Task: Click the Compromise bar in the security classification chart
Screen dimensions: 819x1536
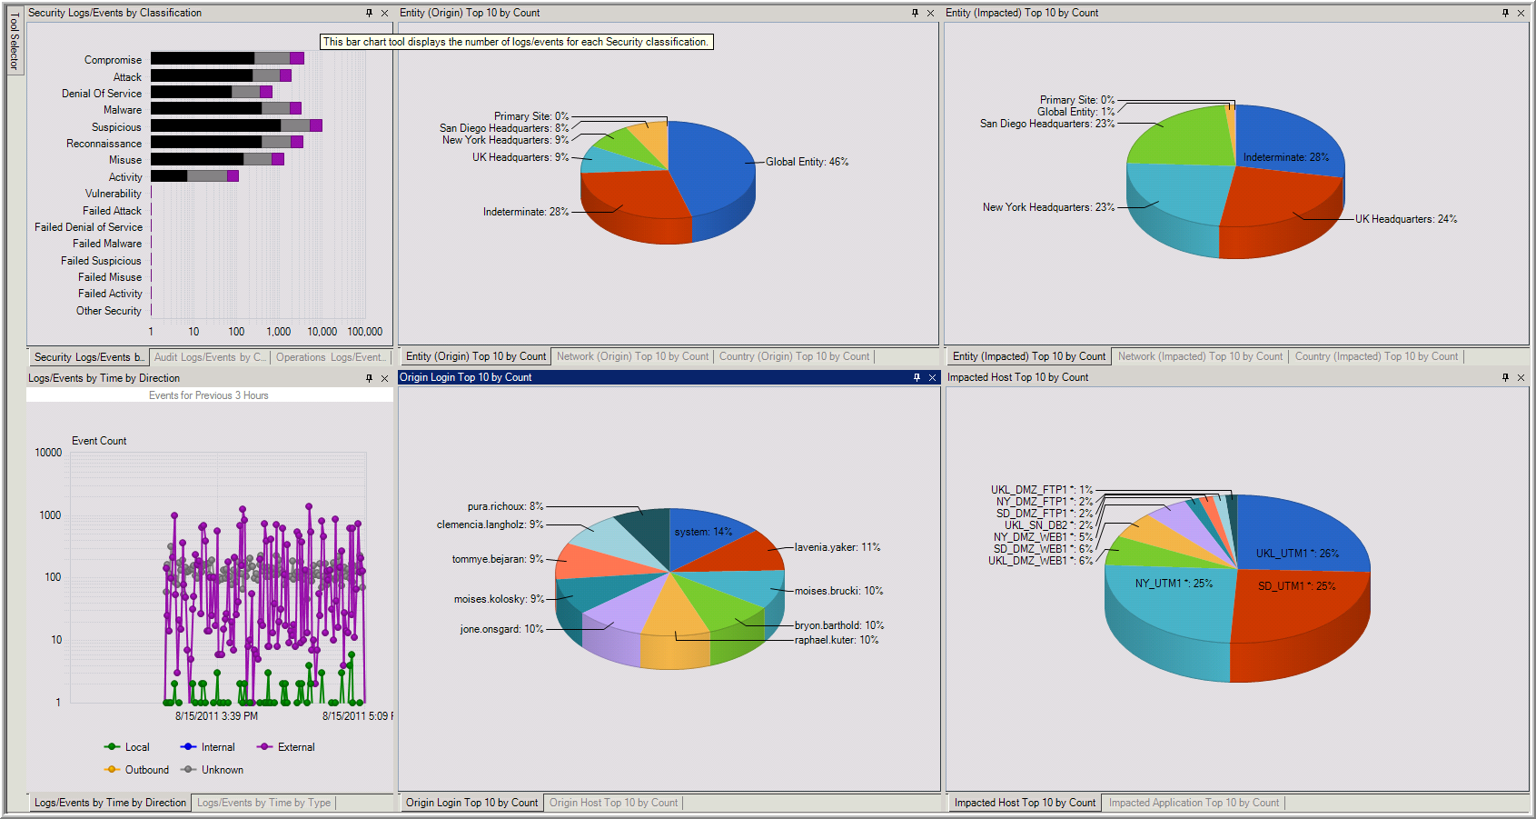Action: click(226, 59)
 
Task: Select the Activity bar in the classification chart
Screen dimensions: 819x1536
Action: click(193, 176)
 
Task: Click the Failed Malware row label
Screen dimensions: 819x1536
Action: click(107, 244)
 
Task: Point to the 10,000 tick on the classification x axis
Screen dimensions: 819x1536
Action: click(322, 332)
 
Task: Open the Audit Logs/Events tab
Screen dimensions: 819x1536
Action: click(210, 357)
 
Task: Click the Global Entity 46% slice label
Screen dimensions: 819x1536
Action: click(807, 162)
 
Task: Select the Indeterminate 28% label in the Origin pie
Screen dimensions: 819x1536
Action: click(525, 212)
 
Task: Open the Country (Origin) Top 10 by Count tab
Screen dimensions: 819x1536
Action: click(794, 356)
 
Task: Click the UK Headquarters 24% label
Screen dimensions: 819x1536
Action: click(1405, 219)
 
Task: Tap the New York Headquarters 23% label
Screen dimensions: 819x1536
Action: click(1048, 207)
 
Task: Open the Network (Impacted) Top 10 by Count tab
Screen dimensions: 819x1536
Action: click(1200, 356)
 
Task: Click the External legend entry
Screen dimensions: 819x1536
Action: click(295, 747)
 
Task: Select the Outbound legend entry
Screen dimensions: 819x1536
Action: click(146, 770)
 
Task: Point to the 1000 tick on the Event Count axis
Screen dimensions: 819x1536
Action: click(50, 515)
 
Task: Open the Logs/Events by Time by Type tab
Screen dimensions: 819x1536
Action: click(263, 803)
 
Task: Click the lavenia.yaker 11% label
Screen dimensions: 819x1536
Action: click(837, 547)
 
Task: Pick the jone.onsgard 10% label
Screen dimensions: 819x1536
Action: click(501, 629)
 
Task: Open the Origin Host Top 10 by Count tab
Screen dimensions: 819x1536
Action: click(613, 803)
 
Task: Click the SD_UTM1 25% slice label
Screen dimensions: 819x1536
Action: click(1296, 586)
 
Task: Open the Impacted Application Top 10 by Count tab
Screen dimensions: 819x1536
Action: click(1194, 803)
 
